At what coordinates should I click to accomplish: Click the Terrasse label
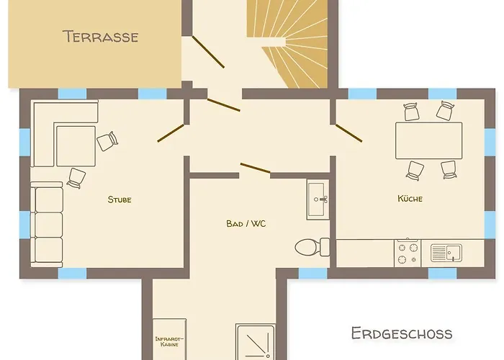(x=101, y=36)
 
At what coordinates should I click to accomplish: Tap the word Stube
(x=120, y=199)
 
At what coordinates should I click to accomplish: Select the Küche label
(x=410, y=198)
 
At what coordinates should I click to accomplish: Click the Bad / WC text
(x=246, y=223)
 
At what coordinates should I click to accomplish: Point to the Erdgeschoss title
(x=402, y=333)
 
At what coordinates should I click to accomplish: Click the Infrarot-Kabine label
(x=169, y=341)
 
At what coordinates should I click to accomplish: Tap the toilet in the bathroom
(x=312, y=247)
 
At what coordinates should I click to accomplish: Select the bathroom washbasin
(x=318, y=199)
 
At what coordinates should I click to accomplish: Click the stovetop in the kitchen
(x=408, y=253)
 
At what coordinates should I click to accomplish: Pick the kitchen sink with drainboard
(x=446, y=253)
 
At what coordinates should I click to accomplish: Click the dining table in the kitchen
(x=429, y=140)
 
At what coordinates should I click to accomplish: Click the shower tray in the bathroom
(x=256, y=342)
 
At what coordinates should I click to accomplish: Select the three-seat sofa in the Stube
(x=47, y=224)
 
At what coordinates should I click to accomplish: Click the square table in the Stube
(x=76, y=146)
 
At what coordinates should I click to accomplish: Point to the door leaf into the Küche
(x=348, y=133)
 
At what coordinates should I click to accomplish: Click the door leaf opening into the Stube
(x=171, y=133)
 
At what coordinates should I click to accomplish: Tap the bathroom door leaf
(x=255, y=168)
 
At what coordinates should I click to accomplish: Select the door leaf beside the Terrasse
(x=208, y=52)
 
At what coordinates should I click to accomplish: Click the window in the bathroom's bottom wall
(x=313, y=273)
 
